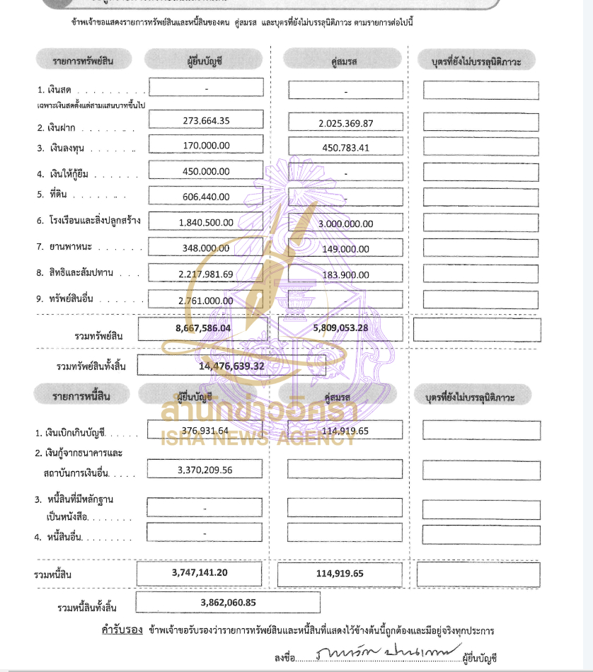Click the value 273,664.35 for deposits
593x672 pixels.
[x=206, y=120]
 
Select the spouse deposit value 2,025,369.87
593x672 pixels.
[x=346, y=124]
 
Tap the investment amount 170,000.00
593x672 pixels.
[x=206, y=146]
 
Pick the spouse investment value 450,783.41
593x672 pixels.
[x=346, y=149]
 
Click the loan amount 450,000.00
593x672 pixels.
[x=206, y=171]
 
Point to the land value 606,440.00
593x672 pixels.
[x=206, y=197]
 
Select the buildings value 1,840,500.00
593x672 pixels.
[x=206, y=222]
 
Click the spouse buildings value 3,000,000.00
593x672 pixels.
[x=346, y=224]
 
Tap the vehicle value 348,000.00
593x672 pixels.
[x=206, y=248]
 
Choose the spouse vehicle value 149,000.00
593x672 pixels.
[x=346, y=249]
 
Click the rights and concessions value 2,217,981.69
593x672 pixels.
[x=206, y=274]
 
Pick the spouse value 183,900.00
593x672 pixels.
[x=346, y=274]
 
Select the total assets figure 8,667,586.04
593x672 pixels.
[x=203, y=328]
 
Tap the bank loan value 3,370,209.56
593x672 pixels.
[x=206, y=468]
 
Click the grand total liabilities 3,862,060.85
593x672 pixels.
[x=228, y=603]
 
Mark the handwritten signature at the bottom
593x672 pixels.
[x=389, y=651]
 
